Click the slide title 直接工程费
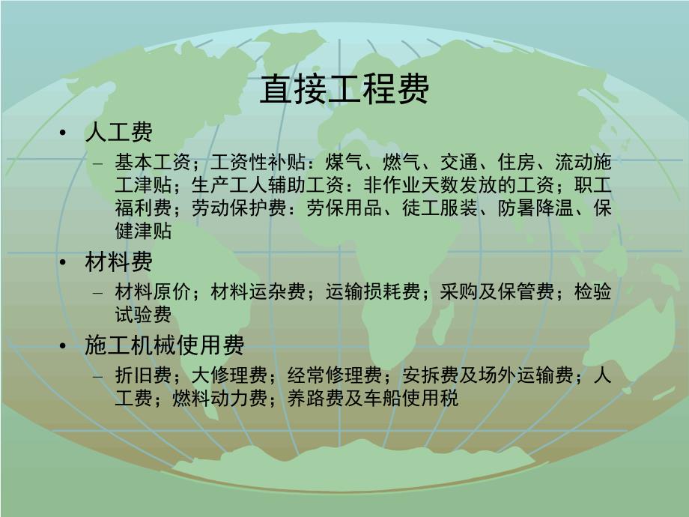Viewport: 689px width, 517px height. [344, 90]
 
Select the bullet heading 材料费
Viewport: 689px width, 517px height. [119, 262]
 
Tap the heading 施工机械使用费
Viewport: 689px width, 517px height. [165, 345]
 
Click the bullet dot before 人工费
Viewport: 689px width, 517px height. [66, 133]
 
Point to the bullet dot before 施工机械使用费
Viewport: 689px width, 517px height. [66, 346]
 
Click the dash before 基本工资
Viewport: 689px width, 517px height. [98, 163]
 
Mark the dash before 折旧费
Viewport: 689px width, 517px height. [98, 375]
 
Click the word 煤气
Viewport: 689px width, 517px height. [344, 162]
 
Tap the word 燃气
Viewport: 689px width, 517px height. [401, 162]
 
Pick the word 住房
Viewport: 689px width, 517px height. [516, 162]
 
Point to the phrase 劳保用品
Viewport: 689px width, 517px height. [334, 208]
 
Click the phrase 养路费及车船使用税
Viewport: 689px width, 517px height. [372, 398]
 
